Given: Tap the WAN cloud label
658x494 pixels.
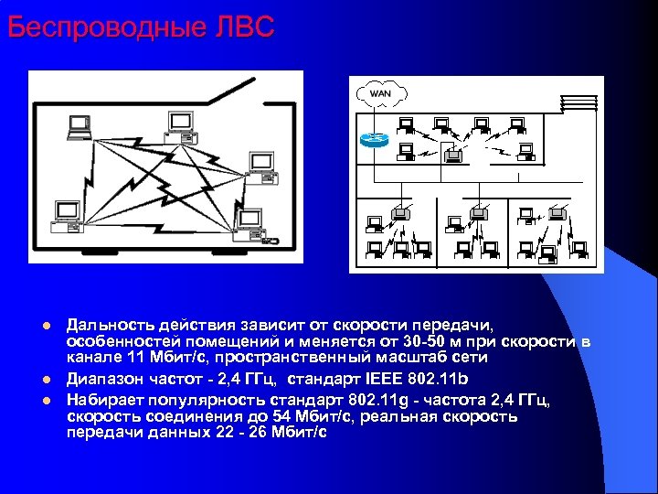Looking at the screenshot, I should tap(379, 94).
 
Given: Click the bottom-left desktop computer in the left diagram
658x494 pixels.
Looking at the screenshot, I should tap(66, 213).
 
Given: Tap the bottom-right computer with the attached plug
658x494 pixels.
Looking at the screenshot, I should tap(251, 223).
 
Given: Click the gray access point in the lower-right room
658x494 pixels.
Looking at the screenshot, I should tap(526, 215).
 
